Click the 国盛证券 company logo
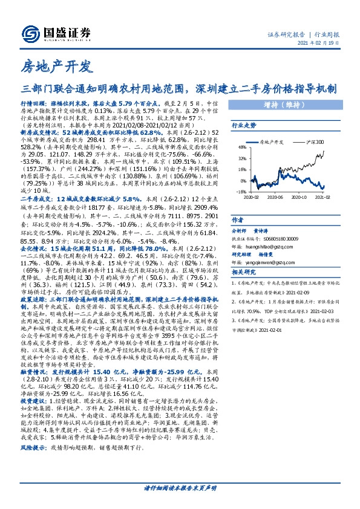coord(56,33)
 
